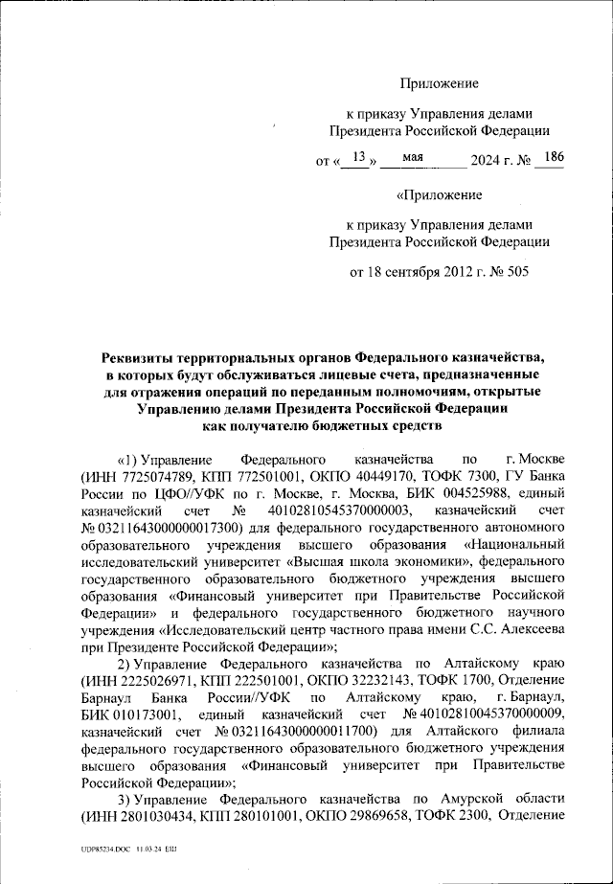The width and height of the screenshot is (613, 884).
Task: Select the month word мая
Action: click(414, 158)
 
